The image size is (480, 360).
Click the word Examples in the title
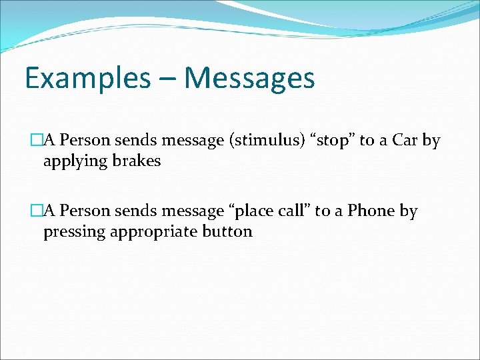(88, 79)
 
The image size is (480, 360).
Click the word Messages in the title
(249, 79)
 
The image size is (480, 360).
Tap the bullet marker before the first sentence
(36, 141)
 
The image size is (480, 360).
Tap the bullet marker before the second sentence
(36, 211)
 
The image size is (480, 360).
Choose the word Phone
(371, 211)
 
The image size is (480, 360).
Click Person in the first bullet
(85, 141)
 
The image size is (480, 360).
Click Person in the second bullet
(85, 211)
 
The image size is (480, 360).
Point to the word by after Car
(431, 141)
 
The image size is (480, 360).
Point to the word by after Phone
(409, 212)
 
